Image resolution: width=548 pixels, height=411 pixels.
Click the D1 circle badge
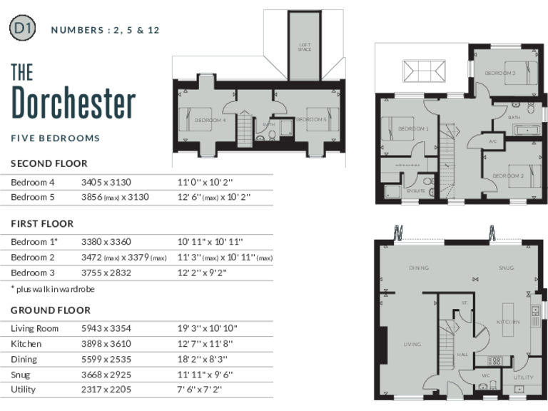[x=21, y=29]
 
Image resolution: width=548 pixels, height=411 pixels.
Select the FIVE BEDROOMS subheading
[x=55, y=138]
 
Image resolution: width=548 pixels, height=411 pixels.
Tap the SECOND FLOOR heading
[x=49, y=163]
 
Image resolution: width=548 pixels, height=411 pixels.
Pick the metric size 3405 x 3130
[x=106, y=182]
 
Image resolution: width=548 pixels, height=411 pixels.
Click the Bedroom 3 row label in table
[x=33, y=273]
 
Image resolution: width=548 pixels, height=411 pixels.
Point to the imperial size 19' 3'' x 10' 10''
[x=208, y=328]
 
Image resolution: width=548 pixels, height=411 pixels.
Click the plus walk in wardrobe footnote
[x=53, y=289]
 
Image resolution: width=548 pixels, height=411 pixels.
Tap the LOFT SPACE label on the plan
[x=305, y=48]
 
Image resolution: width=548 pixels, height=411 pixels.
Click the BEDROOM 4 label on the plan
[x=210, y=121]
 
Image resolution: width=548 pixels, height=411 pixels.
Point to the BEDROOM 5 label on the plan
[x=311, y=120]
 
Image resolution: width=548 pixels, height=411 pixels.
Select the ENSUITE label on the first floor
[x=416, y=191]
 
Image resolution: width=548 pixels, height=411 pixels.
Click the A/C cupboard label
[x=492, y=141]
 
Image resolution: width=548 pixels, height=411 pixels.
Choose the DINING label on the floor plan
[x=419, y=268]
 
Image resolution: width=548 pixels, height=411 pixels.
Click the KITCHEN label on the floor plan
[x=508, y=323]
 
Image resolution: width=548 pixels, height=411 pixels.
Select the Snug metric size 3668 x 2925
[x=106, y=375]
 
